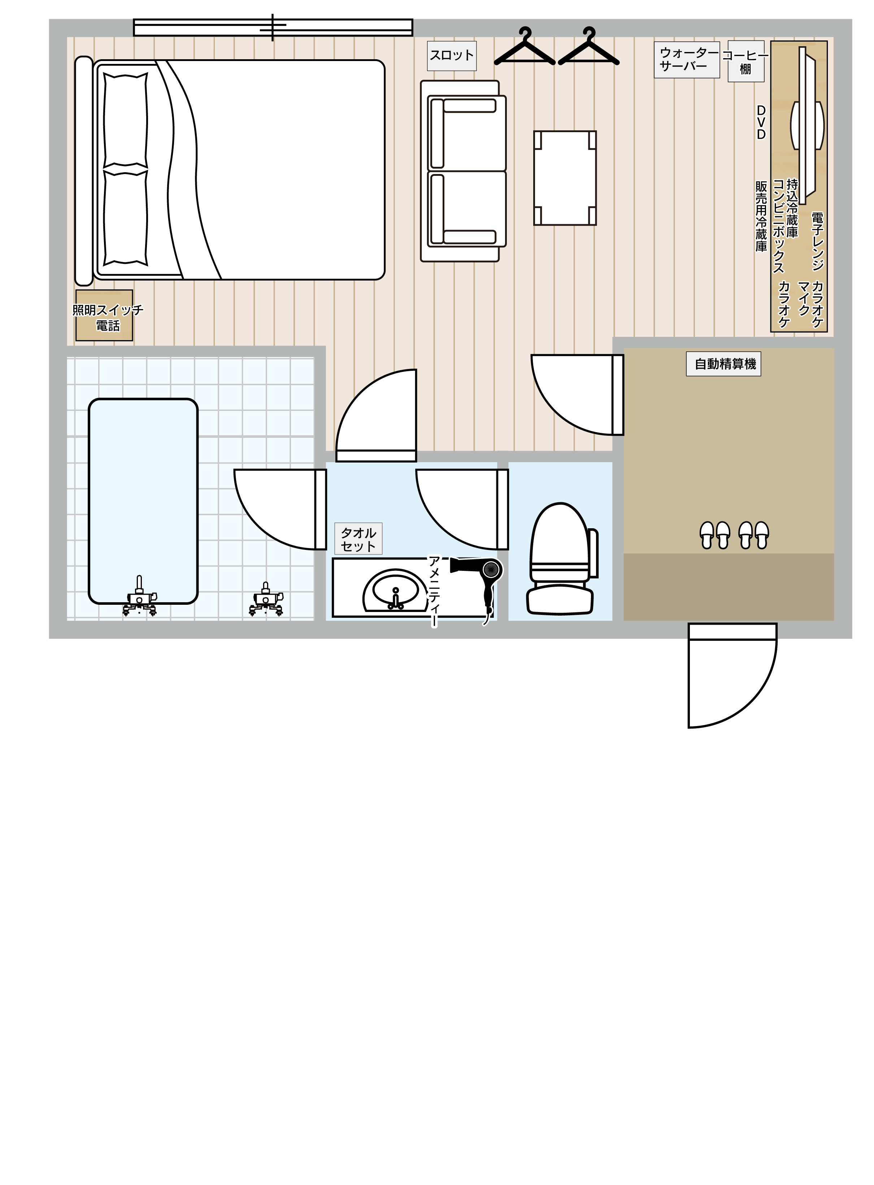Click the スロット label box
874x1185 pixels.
click(x=452, y=56)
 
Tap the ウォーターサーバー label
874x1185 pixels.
click(x=687, y=60)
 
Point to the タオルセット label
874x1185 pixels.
click(x=358, y=539)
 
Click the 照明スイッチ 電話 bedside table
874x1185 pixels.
click(x=104, y=315)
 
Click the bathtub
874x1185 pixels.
click(x=143, y=501)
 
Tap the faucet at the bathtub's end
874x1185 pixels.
click(x=139, y=596)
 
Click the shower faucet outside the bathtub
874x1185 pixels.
click(x=266, y=599)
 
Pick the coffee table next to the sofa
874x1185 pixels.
click(x=565, y=178)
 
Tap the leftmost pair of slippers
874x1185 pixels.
click(x=715, y=535)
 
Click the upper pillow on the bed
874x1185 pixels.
click(x=125, y=121)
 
